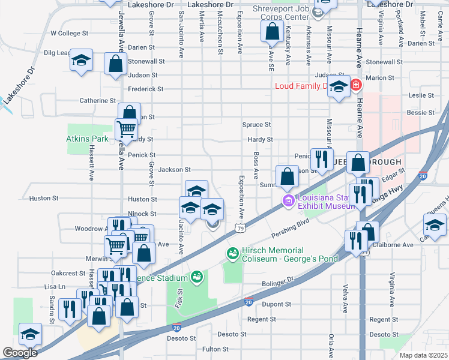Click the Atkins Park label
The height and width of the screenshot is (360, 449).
click(x=87, y=139)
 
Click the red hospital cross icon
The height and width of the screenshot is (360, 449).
click(x=357, y=85)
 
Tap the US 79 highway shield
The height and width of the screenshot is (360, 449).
click(x=240, y=228)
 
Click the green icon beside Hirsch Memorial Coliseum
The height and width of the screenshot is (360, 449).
click(x=232, y=254)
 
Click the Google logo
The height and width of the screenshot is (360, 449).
click(x=20, y=353)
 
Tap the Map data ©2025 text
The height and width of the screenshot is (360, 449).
click(x=425, y=355)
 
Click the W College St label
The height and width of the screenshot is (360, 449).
click(x=70, y=33)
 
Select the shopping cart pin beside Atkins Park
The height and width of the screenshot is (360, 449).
click(x=125, y=128)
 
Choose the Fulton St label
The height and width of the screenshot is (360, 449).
click(x=215, y=349)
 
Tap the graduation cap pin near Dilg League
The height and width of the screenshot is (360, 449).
click(x=81, y=61)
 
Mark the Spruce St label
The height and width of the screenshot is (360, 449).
click(x=257, y=124)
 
